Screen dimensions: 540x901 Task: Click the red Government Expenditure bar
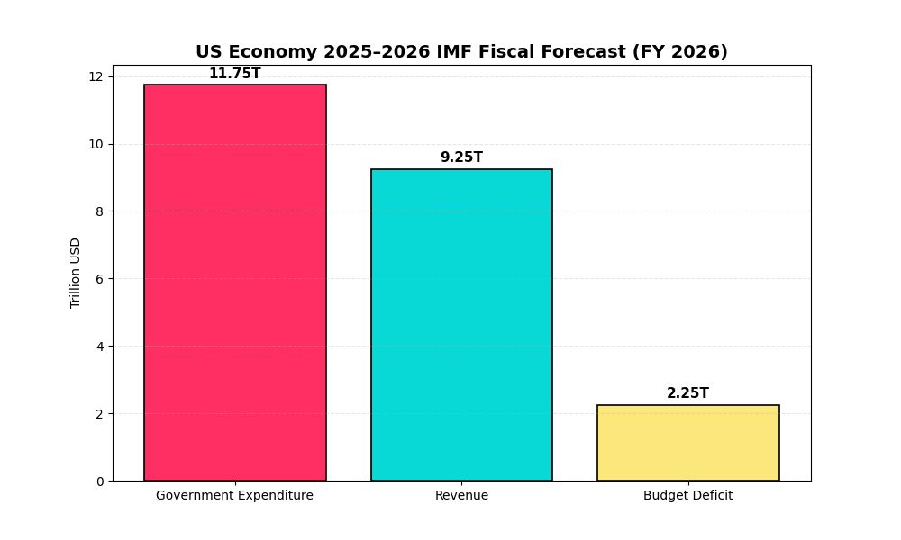[234, 283]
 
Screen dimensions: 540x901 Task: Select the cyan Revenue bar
[461, 325]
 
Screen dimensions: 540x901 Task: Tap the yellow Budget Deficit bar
[687, 443]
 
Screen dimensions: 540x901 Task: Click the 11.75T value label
[234, 74]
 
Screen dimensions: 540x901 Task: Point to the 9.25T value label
[461, 157]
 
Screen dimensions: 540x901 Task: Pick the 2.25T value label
[687, 393]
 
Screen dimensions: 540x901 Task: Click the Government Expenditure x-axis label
[234, 496]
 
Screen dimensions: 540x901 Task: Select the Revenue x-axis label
[461, 496]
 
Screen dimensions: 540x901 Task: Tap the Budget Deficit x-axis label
[687, 496]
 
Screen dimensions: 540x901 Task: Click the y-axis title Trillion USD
[76, 273]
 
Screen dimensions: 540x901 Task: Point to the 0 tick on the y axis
[99, 481]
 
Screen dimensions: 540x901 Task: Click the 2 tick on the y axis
[99, 414]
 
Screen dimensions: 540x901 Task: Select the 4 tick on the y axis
[99, 346]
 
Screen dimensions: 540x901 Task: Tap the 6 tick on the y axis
[99, 279]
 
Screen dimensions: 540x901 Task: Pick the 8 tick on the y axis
[99, 211]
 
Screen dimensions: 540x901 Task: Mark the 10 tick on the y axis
[96, 144]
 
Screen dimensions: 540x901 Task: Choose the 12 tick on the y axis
[96, 76]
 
